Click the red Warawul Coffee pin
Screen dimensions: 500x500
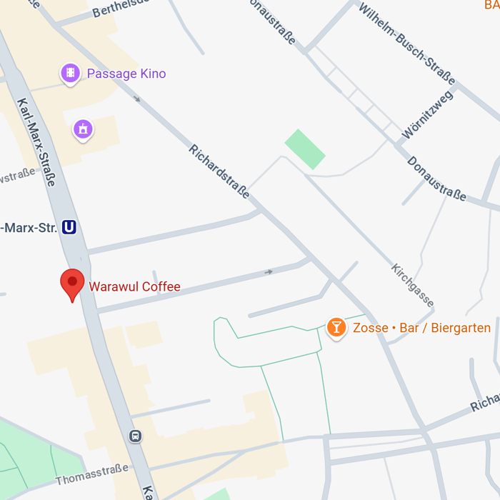[x=72, y=284]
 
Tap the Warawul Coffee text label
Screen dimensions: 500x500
[x=134, y=287]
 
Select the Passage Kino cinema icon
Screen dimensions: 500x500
[x=70, y=73]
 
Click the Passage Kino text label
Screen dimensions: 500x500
[x=126, y=74]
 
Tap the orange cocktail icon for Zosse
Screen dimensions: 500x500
[x=336, y=328]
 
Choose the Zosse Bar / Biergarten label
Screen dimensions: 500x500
[x=421, y=329]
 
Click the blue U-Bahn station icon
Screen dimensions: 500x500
[x=69, y=227]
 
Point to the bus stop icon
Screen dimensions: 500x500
[x=135, y=436]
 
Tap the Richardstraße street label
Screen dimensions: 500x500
[x=219, y=171]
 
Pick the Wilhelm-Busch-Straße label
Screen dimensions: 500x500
[x=406, y=44]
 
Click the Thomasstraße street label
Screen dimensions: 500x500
[x=92, y=474]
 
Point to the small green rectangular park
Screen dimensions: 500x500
[x=305, y=149]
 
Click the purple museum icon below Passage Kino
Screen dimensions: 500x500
[x=84, y=129]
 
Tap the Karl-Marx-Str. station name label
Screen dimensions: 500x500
[x=29, y=228]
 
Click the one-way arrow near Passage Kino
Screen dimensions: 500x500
[x=138, y=100]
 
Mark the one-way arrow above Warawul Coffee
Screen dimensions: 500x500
[x=269, y=272]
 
